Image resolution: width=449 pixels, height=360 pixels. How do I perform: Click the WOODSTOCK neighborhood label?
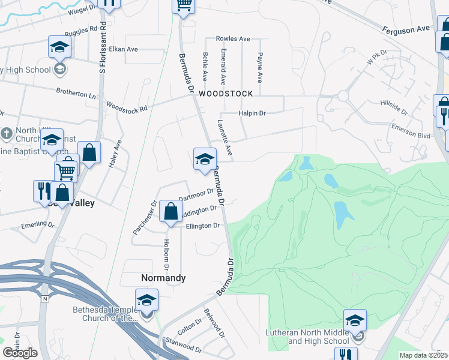click(x=226, y=94)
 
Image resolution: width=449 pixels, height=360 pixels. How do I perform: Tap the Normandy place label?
click(x=163, y=278)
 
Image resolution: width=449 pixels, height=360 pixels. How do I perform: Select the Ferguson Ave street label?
click(x=406, y=28)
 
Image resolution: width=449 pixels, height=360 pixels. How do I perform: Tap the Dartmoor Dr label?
click(x=196, y=196)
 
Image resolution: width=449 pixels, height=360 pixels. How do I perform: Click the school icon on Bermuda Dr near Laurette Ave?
click(x=204, y=160)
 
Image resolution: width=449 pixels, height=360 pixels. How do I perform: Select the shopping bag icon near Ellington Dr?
click(x=170, y=211)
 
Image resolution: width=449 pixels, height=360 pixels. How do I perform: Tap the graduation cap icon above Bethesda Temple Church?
click(x=146, y=300)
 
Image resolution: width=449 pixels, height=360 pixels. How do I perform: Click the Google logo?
click(x=20, y=353)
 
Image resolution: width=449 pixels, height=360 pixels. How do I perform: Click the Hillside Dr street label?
click(x=394, y=107)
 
